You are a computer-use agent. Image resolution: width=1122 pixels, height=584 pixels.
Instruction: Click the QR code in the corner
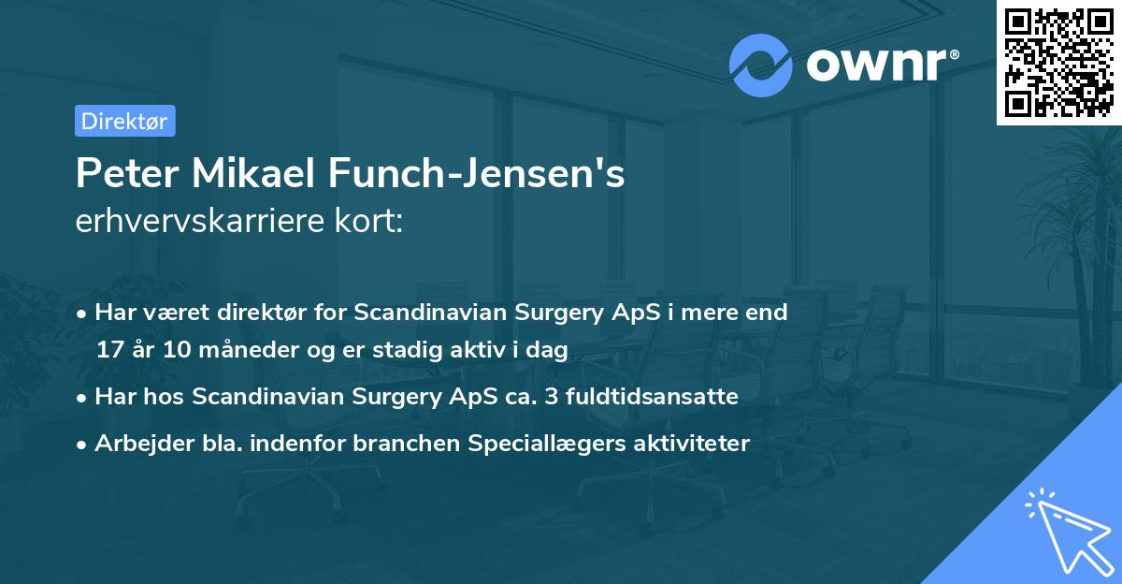pyautogui.click(x=1058, y=62)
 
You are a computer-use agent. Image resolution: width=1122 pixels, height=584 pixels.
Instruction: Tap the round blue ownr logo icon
pyautogui.click(x=760, y=66)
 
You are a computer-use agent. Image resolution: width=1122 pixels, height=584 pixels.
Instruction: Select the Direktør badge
pyautogui.click(x=124, y=121)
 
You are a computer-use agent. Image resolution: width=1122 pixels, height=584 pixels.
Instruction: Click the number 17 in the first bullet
pyautogui.click(x=108, y=350)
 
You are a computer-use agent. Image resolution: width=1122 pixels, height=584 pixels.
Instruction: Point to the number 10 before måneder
pyautogui.click(x=174, y=350)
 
